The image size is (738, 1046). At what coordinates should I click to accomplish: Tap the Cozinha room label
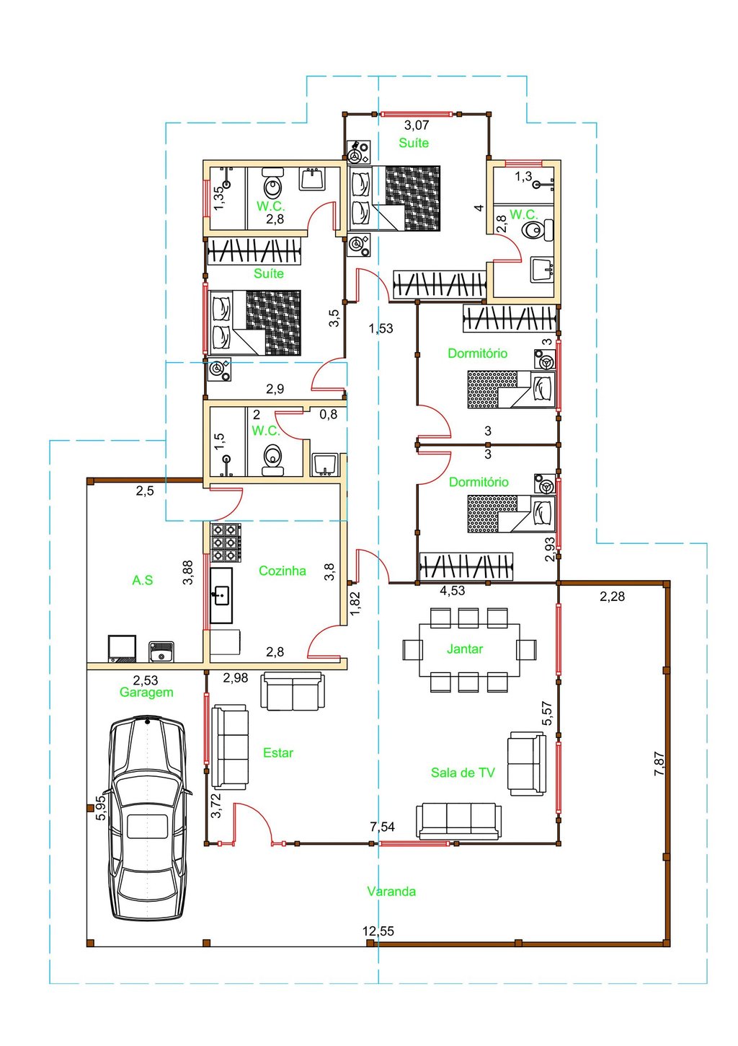pyautogui.click(x=283, y=571)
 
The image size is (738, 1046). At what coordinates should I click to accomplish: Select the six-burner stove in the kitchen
pyautogui.click(x=226, y=542)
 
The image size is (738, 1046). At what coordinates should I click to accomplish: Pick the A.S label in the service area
pyautogui.click(x=142, y=580)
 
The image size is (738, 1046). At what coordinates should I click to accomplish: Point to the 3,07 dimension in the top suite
pyautogui.click(x=416, y=125)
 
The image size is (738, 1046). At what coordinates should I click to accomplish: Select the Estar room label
pyautogui.click(x=278, y=752)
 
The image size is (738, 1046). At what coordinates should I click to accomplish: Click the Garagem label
pyautogui.click(x=146, y=692)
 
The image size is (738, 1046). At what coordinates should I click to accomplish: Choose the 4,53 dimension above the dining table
pyautogui.click(x=452, y=591)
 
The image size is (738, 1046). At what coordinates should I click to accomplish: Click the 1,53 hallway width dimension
pyautogui.click(x=381, y=329)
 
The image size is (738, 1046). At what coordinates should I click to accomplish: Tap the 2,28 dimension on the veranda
pyautogui.click(x=612, y=597)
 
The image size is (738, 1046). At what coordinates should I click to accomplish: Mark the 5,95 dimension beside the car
pyautogui.click(x=101, y=807)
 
